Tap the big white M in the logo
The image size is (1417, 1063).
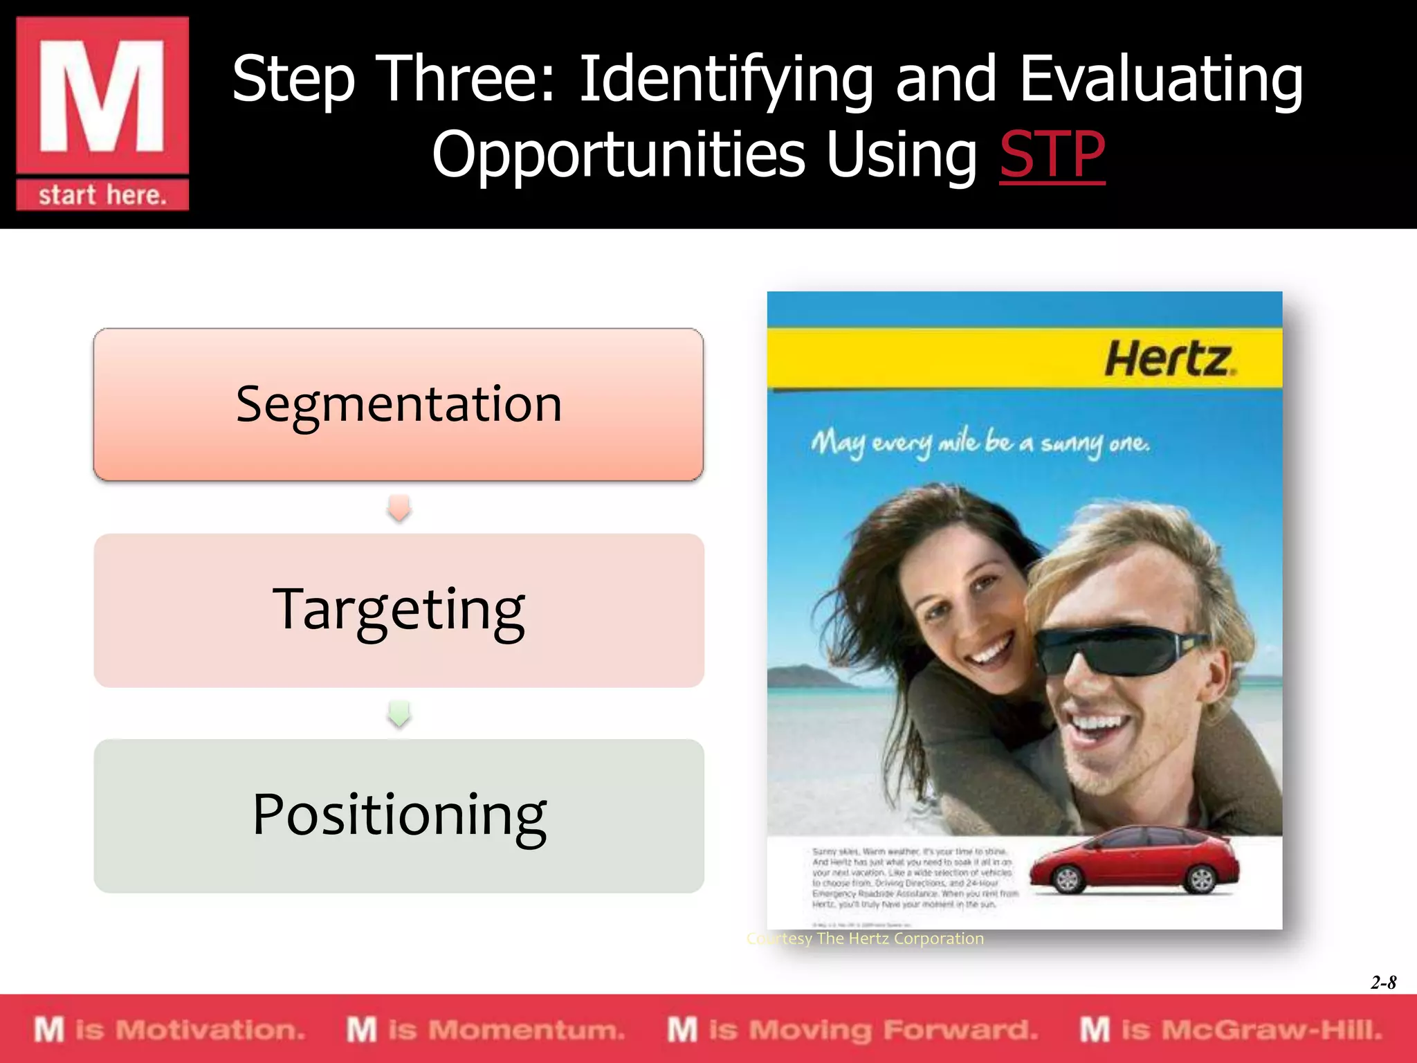pyautogui.click(x=102, y=96)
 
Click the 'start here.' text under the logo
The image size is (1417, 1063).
pyautogui.click(x=102, y=195)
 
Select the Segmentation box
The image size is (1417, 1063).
pyautogui.click(x=399, y=404)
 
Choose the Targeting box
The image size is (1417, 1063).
pyautogui.click(x=399, y=610)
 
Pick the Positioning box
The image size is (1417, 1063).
pyautogui.click(x=399, y=815)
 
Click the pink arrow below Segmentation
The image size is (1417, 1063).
pyautogui.click(x=399, y=507)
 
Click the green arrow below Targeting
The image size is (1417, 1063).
pyautogui.click(x=399, y=714)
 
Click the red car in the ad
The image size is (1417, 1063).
pyautogui.click(x=1135, y=862)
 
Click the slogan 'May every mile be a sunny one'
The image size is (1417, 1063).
pyautogui.click(x=980, y=443)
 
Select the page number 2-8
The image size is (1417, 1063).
pyautogui.click(x=1383, y=982)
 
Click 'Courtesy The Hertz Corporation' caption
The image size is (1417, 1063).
pyautogui.click(x=865, y=938)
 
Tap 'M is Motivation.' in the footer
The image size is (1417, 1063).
pyautogui.click(x=170, y=1030)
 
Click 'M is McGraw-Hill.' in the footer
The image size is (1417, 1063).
pyautogui.click(x=1232, y=1030)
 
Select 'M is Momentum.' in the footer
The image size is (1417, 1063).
pyautogui.click(x=486, y=1030)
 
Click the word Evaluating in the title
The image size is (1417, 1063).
pyautogui.click(x=1161, y=80)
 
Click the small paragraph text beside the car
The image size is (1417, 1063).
pyautogui.click(x=913, y=878)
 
